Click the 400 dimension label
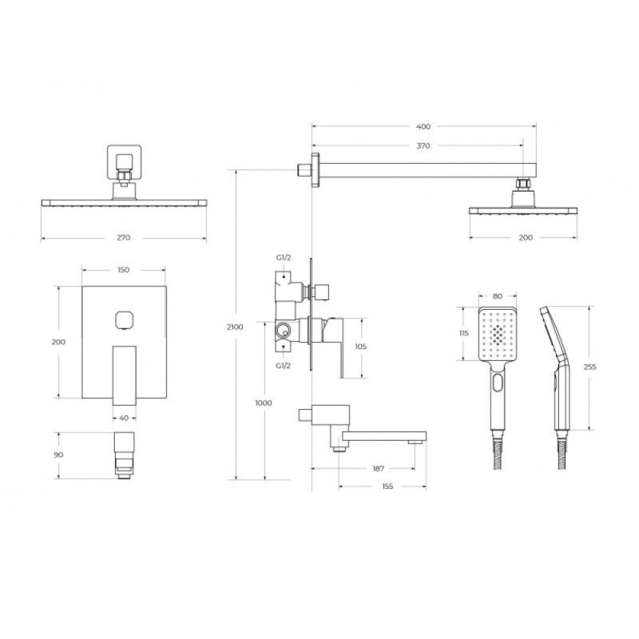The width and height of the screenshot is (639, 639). (x=423, y=127)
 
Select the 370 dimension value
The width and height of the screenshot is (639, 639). (x=423, y=145)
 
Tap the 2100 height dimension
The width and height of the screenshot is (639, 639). (x=235, y=327)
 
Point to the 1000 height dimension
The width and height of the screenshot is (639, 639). (x=264, y=403)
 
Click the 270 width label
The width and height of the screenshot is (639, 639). (x=124, y=237)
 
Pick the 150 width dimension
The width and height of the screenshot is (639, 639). (x=124, y=270)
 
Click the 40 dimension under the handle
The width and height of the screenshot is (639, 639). (x=125, y=418)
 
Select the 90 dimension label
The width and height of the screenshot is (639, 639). (x=58, y=454)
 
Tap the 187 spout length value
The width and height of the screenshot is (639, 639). (x=378, y=469)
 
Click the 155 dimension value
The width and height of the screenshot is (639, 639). (x=387, y=486)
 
